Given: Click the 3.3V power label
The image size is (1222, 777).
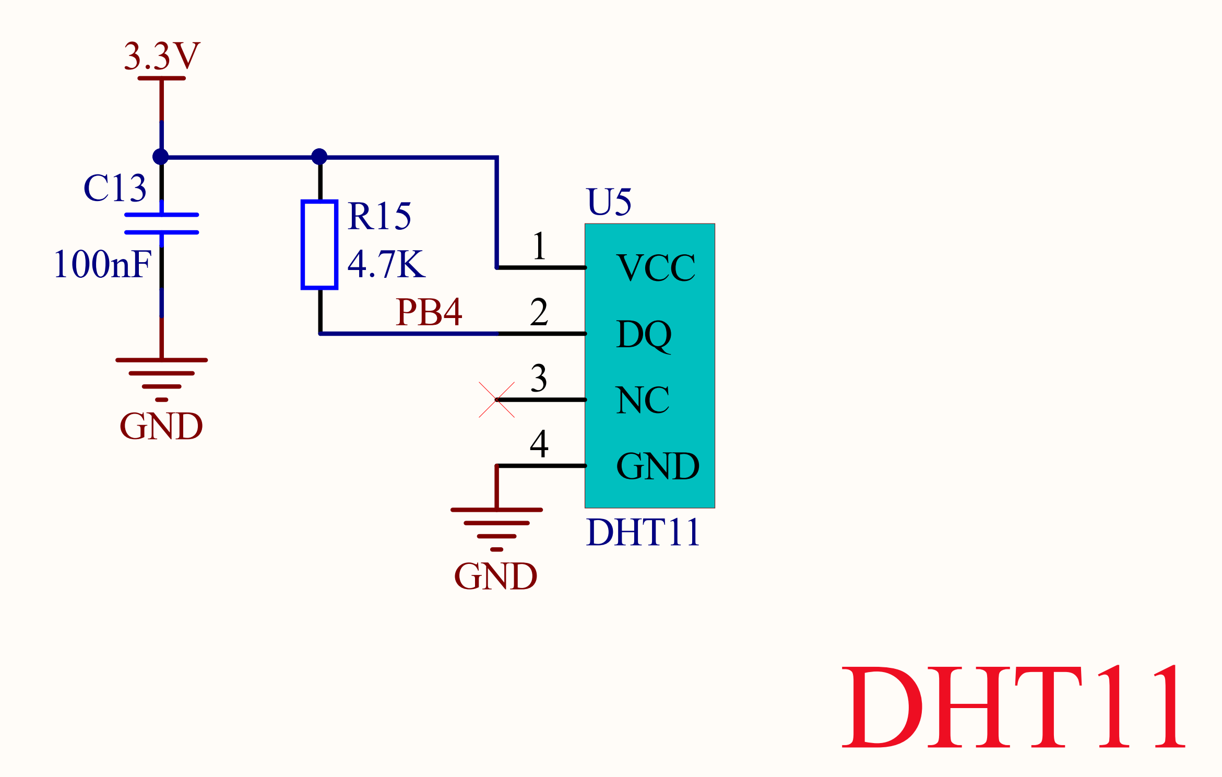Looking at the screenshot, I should pos(162,56).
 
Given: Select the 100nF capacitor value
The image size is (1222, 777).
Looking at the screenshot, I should pos(103,264).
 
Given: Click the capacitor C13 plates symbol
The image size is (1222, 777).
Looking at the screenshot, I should pos(162,223).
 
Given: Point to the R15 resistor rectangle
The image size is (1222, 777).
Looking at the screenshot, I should pos(319,244).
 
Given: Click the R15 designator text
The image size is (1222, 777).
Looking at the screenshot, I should pos(379,216).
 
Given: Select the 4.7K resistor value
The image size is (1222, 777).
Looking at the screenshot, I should pos(386,264).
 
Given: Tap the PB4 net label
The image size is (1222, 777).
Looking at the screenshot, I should pos(429,312).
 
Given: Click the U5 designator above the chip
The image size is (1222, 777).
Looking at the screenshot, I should pos(609,202).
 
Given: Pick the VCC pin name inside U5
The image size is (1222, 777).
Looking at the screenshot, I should pos(656,268).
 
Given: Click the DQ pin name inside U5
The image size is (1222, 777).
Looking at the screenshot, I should pos(644,334).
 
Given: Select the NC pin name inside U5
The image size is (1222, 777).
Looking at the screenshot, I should pos(642,401).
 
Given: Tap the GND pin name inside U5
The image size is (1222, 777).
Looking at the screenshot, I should pos(658,466).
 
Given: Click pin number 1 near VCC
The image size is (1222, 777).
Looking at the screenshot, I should pos(539,246).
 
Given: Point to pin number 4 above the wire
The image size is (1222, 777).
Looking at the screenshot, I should pos(539,444).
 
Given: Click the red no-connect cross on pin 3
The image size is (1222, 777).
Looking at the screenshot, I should pos(496,400).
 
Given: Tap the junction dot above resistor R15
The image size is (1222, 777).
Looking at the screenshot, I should pos(319,157).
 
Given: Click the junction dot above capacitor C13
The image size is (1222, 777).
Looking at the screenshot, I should pos(161,157).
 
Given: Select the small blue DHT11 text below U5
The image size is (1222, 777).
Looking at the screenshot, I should pos(643,533).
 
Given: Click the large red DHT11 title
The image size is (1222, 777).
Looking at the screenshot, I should pos(1013,708).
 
